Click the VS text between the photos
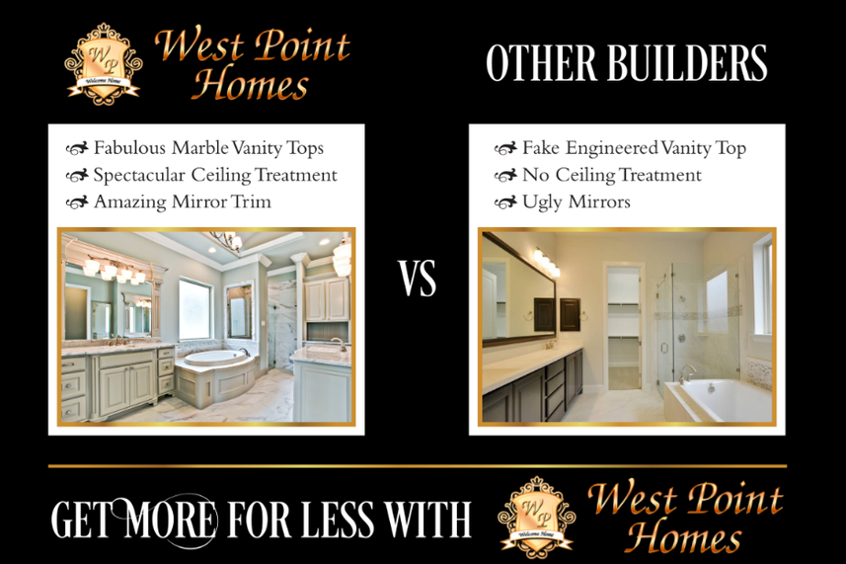418,279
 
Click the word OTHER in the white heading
542,63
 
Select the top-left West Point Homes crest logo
104,63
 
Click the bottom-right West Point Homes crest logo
537,517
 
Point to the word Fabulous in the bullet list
129,147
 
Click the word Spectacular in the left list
139,176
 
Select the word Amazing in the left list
130,201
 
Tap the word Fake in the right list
541,147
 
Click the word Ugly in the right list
542,202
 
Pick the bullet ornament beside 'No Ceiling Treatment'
505,176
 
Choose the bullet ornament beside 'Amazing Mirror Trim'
77,202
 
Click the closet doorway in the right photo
624,327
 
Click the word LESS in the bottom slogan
337,520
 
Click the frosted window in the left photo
194,309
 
